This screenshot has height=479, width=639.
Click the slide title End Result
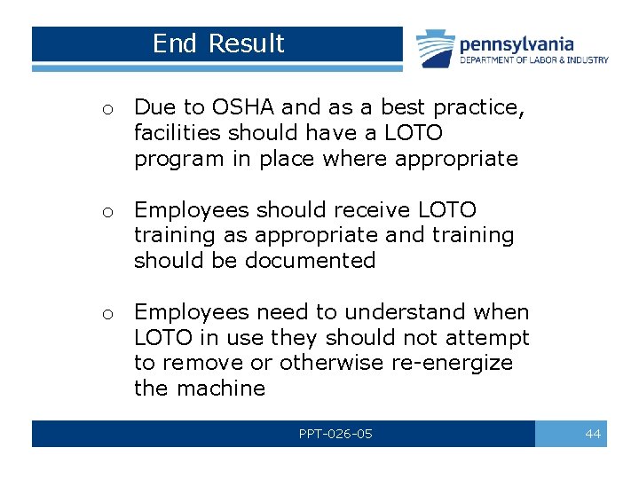(x=218, y=43)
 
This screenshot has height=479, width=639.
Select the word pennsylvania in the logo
(x=517, y=43)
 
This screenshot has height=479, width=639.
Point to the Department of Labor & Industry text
(x=533, y=60)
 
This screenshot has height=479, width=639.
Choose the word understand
(x=405, y=312)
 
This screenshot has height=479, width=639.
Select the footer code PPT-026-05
(x=335, y=434)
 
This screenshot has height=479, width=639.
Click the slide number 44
(x=592, y=434)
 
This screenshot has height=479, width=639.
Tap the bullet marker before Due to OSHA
(x=106, y=110)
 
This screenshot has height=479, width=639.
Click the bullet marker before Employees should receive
(x=106, y=212)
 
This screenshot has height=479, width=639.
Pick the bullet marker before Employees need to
(x=106, y=314)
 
